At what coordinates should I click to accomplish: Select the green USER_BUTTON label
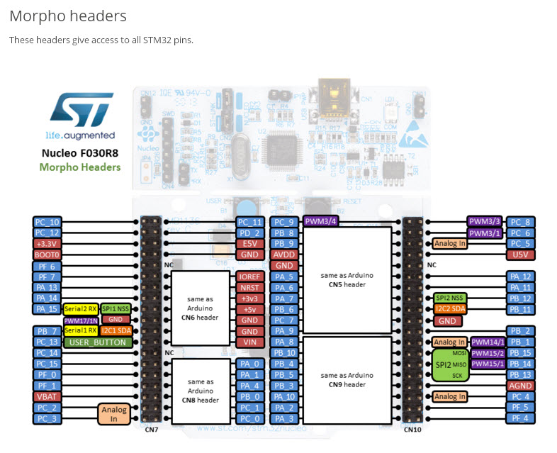tap(98, 342)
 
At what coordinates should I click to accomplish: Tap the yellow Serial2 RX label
tap(80, 309)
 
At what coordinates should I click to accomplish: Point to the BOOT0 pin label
tap(47, 254)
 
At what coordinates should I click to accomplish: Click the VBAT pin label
tap(47, 397)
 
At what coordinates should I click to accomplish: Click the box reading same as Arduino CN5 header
tap(347, 279)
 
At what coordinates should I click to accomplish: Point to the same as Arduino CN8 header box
tap(200, 389)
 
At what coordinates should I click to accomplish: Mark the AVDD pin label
tap(284, 254)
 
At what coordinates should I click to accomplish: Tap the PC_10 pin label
tap(47, 221)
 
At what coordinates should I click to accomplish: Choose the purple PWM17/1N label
tap(81, 320)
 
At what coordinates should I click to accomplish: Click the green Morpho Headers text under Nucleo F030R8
tap(79, 167)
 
